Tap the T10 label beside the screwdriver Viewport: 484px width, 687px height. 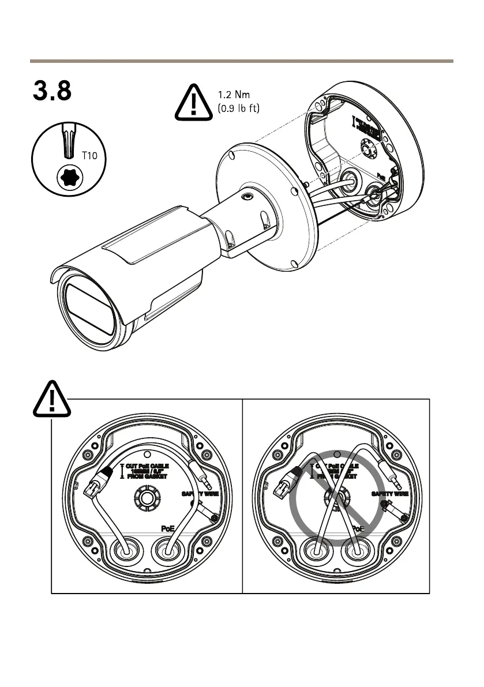pos(89,156)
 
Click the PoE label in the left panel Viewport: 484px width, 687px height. pos(167,528)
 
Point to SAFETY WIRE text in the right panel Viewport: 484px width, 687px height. pos(390,494)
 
